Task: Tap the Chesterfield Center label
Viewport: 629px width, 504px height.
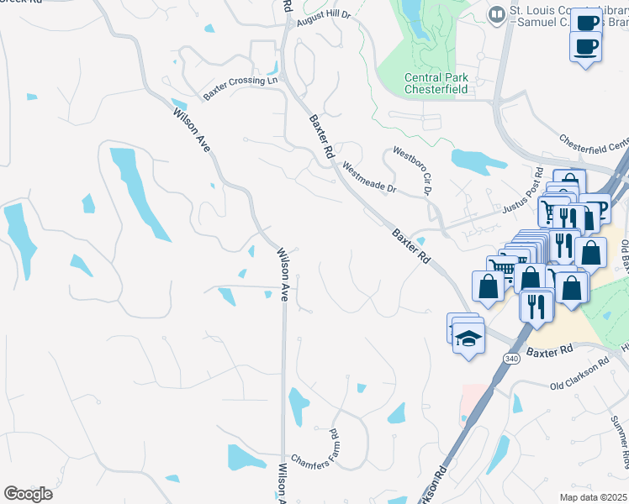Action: tap(594, 144)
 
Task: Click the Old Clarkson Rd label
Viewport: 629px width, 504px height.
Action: tap(579, 376)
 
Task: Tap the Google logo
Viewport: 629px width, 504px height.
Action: tap(28, 493)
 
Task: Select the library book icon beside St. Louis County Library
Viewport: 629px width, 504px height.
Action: tap(497, 13)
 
